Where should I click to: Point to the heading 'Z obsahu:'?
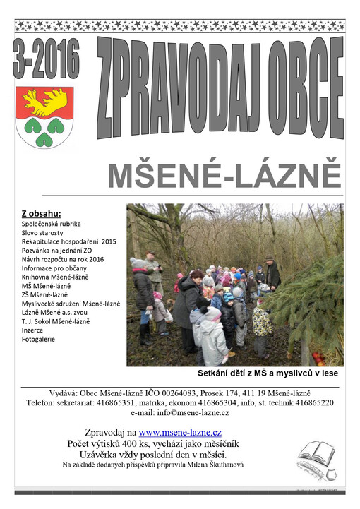(x=42, y=213)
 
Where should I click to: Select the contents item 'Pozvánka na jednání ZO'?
(x=56, y=250)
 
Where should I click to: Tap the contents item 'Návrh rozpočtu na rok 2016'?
(x=62, y=259)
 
